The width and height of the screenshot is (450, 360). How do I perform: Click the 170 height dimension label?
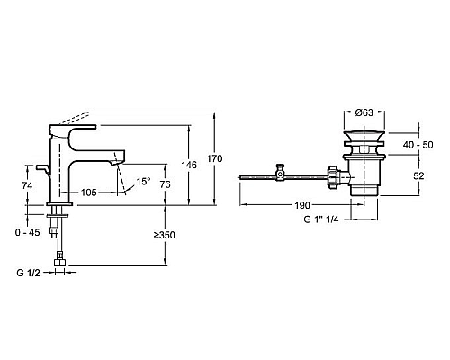(x=214, y=159)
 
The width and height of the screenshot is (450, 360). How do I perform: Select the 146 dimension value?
(x=189, y=165)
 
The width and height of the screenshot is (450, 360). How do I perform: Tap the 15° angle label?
(x=143, y=181)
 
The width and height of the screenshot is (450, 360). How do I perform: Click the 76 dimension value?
(x=166, y=185)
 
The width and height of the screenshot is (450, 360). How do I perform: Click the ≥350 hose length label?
(x=165, y=234)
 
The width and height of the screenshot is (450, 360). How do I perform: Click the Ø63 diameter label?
(x=364, y=112)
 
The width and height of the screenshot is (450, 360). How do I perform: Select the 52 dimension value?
(x=418, y=176)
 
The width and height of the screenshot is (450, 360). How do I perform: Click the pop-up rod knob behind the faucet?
(x=42, y=168)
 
